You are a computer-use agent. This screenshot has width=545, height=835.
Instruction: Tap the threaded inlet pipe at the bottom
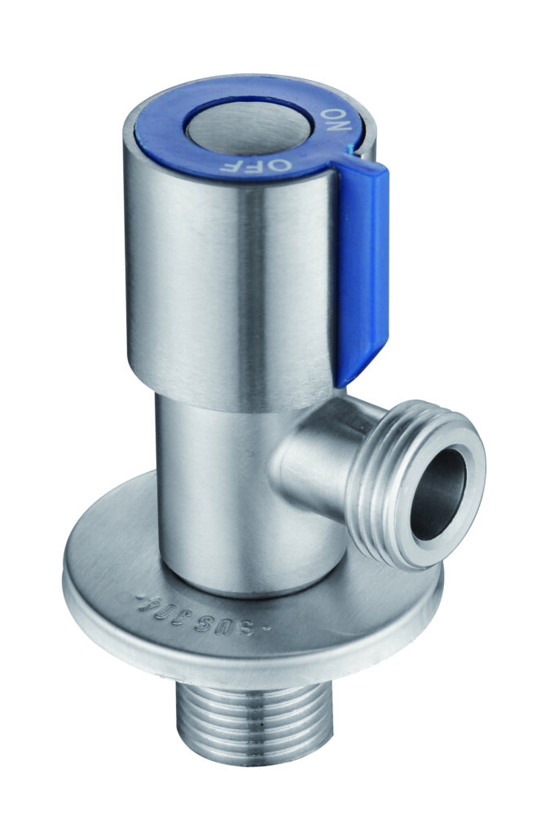coord(253,731)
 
